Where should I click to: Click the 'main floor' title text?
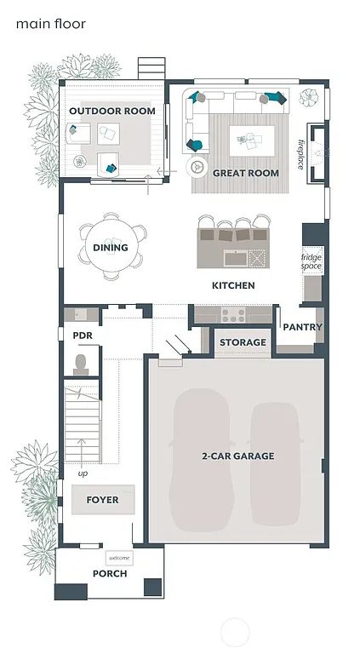50,25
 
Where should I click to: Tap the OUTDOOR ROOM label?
111,112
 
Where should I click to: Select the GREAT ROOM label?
245,173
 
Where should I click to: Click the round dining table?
111,247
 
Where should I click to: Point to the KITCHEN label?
233,286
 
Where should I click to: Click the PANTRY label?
301,327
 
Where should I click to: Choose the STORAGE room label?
243,342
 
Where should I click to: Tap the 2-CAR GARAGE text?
237,456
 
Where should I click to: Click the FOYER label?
103,500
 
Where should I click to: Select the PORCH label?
110,574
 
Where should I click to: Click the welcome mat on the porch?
118,559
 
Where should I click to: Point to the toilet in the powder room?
82,364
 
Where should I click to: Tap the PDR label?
83,336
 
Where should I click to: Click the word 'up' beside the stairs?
83,473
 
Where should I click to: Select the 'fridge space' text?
311,261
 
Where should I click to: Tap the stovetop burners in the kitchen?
233,315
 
